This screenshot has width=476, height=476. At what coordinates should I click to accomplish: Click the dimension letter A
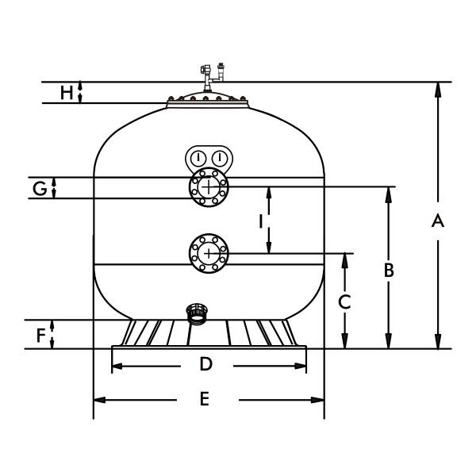pos(436,223)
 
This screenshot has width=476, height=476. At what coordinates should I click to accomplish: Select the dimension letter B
pos(389,271)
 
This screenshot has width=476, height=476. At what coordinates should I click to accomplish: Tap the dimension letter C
pos(344,301)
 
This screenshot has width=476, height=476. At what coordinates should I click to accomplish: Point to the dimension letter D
pos(205,365)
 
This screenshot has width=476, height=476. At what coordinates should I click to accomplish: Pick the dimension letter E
pos(204,399)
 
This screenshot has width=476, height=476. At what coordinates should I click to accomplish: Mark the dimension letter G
pos(39,188)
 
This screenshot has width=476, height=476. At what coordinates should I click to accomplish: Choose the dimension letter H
pos(67,93)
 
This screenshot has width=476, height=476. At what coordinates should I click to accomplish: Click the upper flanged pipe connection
pos(209,187)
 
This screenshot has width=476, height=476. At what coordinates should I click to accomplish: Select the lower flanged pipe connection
pos(209,253)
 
